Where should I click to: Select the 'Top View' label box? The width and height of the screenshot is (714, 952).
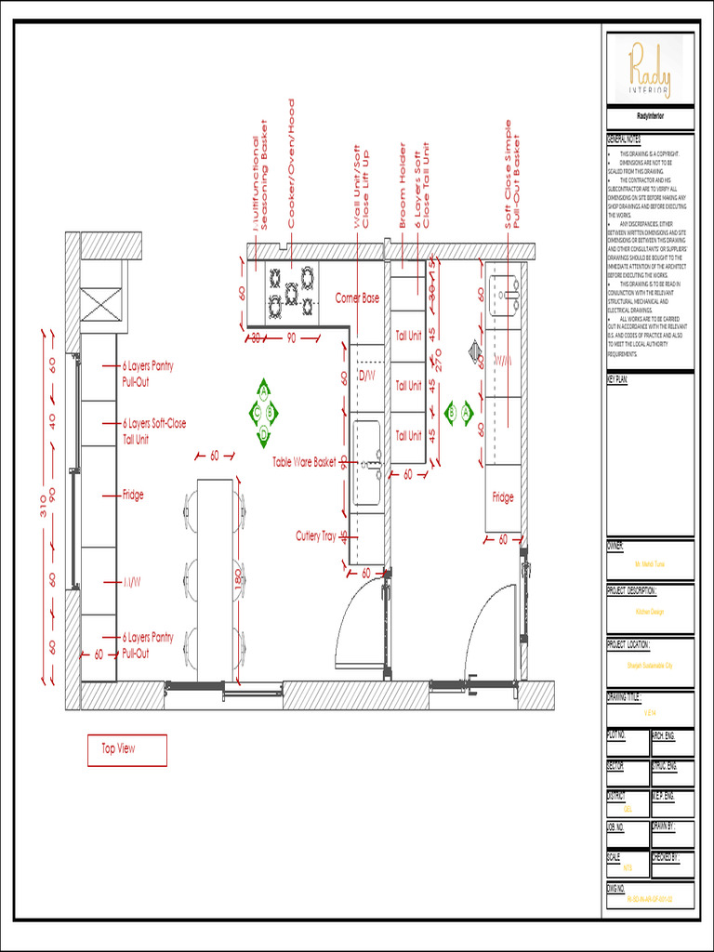127,749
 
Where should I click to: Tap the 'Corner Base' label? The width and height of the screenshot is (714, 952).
357,298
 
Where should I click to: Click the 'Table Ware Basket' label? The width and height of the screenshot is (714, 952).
304,462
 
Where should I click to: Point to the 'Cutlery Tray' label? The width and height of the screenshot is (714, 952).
315,536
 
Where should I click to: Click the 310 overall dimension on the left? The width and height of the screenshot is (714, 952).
43,508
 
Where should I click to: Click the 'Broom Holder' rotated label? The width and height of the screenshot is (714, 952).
403,186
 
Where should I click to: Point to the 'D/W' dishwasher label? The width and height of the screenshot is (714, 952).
366,377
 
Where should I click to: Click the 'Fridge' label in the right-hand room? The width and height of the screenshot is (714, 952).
502,498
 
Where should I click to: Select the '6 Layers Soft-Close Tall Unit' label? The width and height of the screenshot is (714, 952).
153,431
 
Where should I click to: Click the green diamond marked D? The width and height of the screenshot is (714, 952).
264,434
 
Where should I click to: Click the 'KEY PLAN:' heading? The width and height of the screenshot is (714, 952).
618,379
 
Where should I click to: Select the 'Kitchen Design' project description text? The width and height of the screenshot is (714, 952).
650,613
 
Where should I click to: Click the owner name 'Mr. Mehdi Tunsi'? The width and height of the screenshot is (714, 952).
650,564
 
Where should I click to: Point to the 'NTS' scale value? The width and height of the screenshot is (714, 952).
627,867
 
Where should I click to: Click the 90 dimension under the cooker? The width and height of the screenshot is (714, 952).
291,337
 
